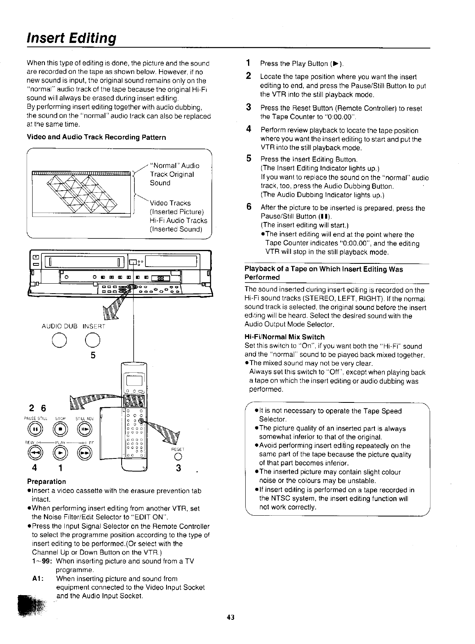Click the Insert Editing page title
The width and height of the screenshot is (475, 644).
pos(72,39)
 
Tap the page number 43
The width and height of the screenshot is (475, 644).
pos(231,617)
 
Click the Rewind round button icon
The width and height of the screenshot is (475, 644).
pos(36,453)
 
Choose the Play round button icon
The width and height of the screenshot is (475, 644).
pos(61,453)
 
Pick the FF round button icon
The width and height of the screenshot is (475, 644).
pos(86,453)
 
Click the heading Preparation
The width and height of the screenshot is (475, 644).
pos(46,482)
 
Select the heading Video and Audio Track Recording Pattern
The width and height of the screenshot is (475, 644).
pos(96,137)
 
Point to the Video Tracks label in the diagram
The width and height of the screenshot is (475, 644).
pos(170,203)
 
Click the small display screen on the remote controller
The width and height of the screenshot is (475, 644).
pos(132,381)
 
